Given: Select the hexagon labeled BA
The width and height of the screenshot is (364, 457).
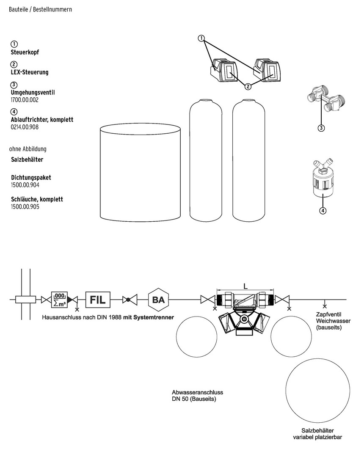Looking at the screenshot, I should coord(158,300).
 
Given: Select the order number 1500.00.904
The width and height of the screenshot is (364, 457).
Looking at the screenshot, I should coord(25,185).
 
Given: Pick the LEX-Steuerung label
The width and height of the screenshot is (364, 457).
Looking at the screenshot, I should coord(30,72).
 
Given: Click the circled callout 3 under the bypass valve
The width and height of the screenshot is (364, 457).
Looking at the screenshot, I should coord(321,128).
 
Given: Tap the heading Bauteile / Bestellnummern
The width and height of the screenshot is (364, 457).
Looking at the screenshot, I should coord(40,9).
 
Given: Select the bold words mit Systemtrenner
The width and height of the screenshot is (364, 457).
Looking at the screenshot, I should coord(149,317).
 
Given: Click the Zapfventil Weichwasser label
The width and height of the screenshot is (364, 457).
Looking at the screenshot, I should coord(333,321).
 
